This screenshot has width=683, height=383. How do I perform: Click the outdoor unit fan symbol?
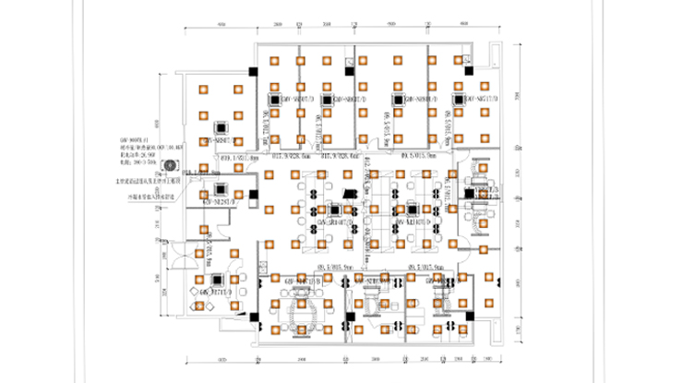tap(169, 166)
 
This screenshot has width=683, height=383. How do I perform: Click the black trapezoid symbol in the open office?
tap(348, 193)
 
